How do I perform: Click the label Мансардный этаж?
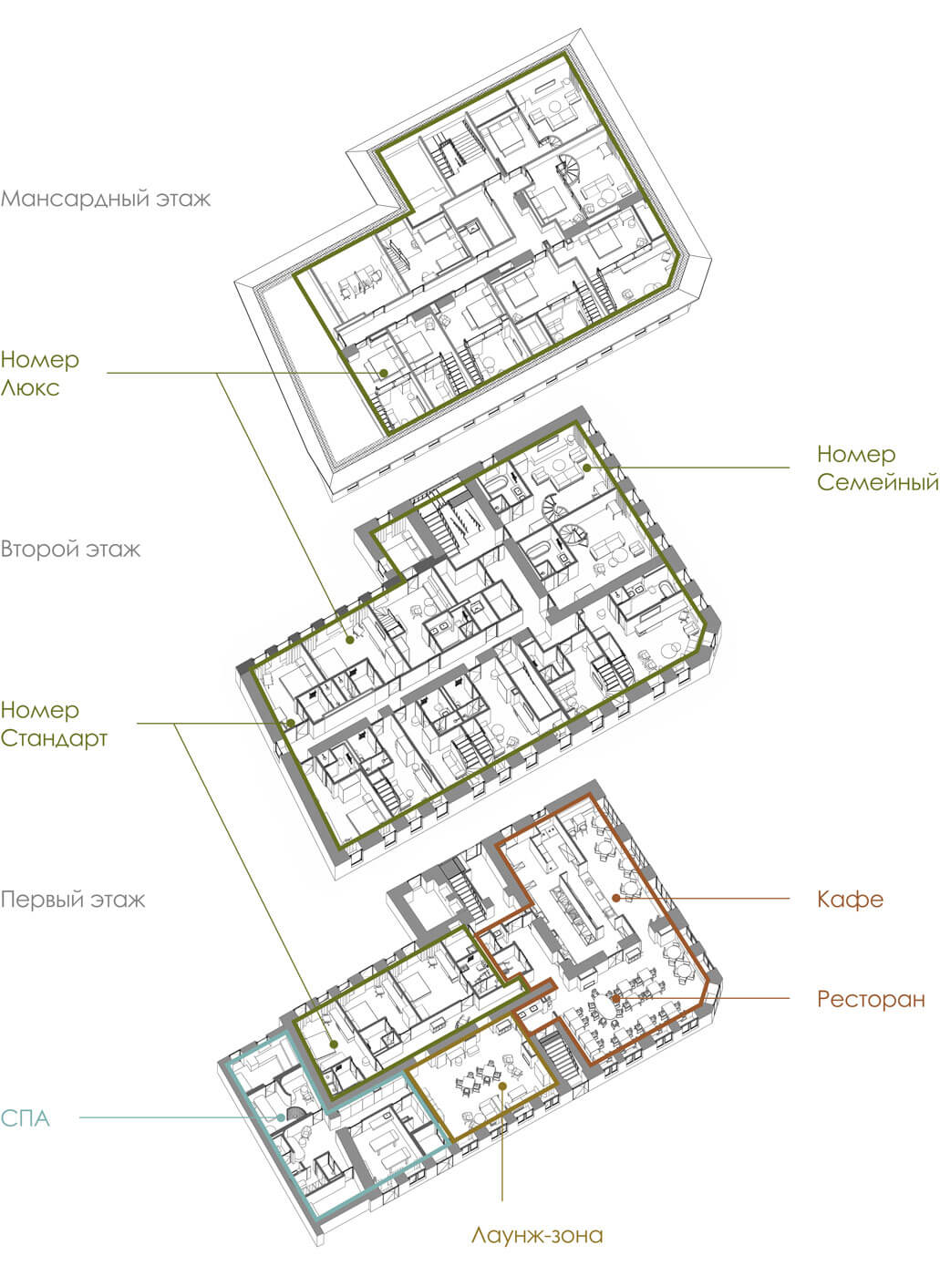click(106, 199)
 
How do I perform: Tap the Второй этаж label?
click(70, 549)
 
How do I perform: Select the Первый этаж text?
click(73, 900)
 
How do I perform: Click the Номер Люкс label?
click(40, 373)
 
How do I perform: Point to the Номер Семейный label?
click(878, 468)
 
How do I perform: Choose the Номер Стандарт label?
click(54, 724)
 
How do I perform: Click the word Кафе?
click(850, 900)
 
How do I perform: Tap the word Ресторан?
click(871, 999)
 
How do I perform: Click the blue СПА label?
click(25, 1118)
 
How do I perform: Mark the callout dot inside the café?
click(615, 898)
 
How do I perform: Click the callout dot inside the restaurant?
click(615, 998)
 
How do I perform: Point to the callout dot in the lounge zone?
click(502, 1086)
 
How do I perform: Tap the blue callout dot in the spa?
click(281, 1117)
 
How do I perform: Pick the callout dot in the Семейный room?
click(587, 468)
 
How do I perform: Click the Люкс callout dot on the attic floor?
click(385, 373)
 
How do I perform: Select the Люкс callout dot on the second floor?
click(350, 640)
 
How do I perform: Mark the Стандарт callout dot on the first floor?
click(335, 1044)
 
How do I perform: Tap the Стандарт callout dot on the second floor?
click(291, 723)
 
